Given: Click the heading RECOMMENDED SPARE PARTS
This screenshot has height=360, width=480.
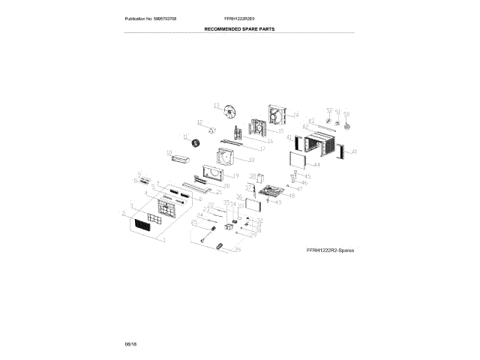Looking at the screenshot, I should point(240,28).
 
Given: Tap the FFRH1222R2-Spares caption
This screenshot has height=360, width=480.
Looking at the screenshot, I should point(330,248).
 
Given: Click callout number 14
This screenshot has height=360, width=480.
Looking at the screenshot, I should point(295,115).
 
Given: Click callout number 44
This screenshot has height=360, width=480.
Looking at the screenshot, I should point(316,165).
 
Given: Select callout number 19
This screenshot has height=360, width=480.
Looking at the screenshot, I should point(235,175).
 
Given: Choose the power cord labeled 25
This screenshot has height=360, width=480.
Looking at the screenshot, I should point(202,235).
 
